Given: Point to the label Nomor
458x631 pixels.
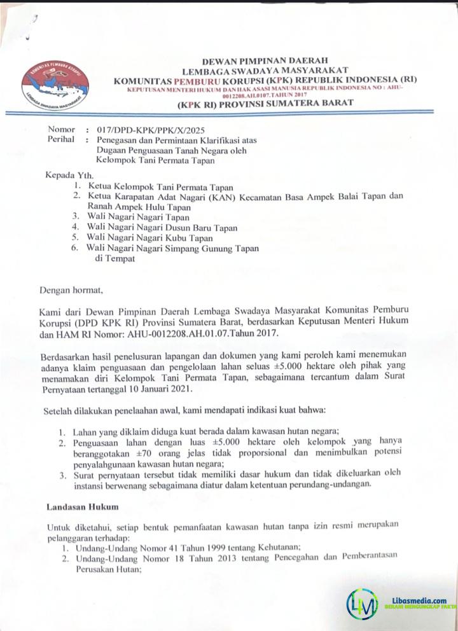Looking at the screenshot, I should [61, 129].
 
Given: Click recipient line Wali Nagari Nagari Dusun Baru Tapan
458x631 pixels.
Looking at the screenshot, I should [162, 227].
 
